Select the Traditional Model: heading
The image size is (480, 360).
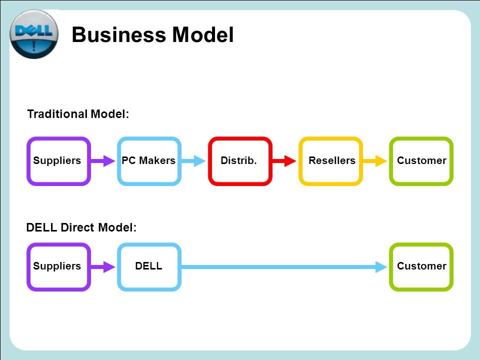point(78,114)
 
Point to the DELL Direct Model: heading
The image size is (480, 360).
point(81,228)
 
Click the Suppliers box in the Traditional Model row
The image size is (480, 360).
point(58,161)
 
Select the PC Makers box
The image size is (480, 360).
point(149,161)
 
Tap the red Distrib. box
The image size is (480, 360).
point(240,161)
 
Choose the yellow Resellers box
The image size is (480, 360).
point(330,161)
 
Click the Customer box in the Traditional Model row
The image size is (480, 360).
point(421,161)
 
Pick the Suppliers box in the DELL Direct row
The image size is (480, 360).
point(58,266)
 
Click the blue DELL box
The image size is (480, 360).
point(149,266)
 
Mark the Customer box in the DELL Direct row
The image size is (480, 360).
point(421,266)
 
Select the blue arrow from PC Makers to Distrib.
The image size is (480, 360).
point(194,161)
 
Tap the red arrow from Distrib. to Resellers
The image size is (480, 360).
point(285,161)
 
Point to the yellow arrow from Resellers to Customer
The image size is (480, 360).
point(375,161)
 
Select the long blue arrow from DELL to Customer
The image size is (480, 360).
point(285,267)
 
